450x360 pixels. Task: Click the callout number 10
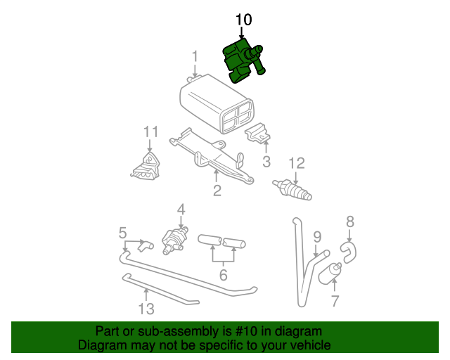tap(243, 20)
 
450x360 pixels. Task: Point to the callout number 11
tap(151, 131)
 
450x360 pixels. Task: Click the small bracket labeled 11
tap(146, 165)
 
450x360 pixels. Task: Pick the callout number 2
tap(217, 190)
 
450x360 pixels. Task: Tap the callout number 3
tap(266, 163)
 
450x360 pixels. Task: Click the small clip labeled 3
tap(257, 134)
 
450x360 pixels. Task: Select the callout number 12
tap(296, 163)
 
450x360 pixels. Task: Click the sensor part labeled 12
tap(292, 188)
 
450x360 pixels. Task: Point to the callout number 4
tap(181, 209)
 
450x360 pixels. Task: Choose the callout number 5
tap(122, 231)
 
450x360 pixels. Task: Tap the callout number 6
tap(223, 275)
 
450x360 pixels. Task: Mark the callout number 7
tap(335, 302)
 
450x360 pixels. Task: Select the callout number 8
tap(350, 221)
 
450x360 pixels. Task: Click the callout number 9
tap(317, 237)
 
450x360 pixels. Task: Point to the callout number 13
tap(146, 308)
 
